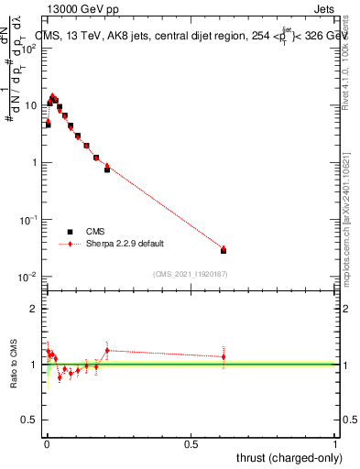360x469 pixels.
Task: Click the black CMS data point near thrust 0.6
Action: (x=224, y=250)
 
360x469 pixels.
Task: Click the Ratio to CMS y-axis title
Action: (x=14, y=364)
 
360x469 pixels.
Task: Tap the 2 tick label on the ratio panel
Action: (x=34, y=309)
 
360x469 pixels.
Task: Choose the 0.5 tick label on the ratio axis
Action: (x=29, y=421)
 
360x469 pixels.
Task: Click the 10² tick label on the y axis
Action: (x=30, y=48)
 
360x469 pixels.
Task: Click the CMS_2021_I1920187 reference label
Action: (x=191, y=274)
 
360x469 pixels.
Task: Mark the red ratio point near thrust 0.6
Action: (x=224, y=356)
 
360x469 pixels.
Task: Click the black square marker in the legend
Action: (x=71, y=232)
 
